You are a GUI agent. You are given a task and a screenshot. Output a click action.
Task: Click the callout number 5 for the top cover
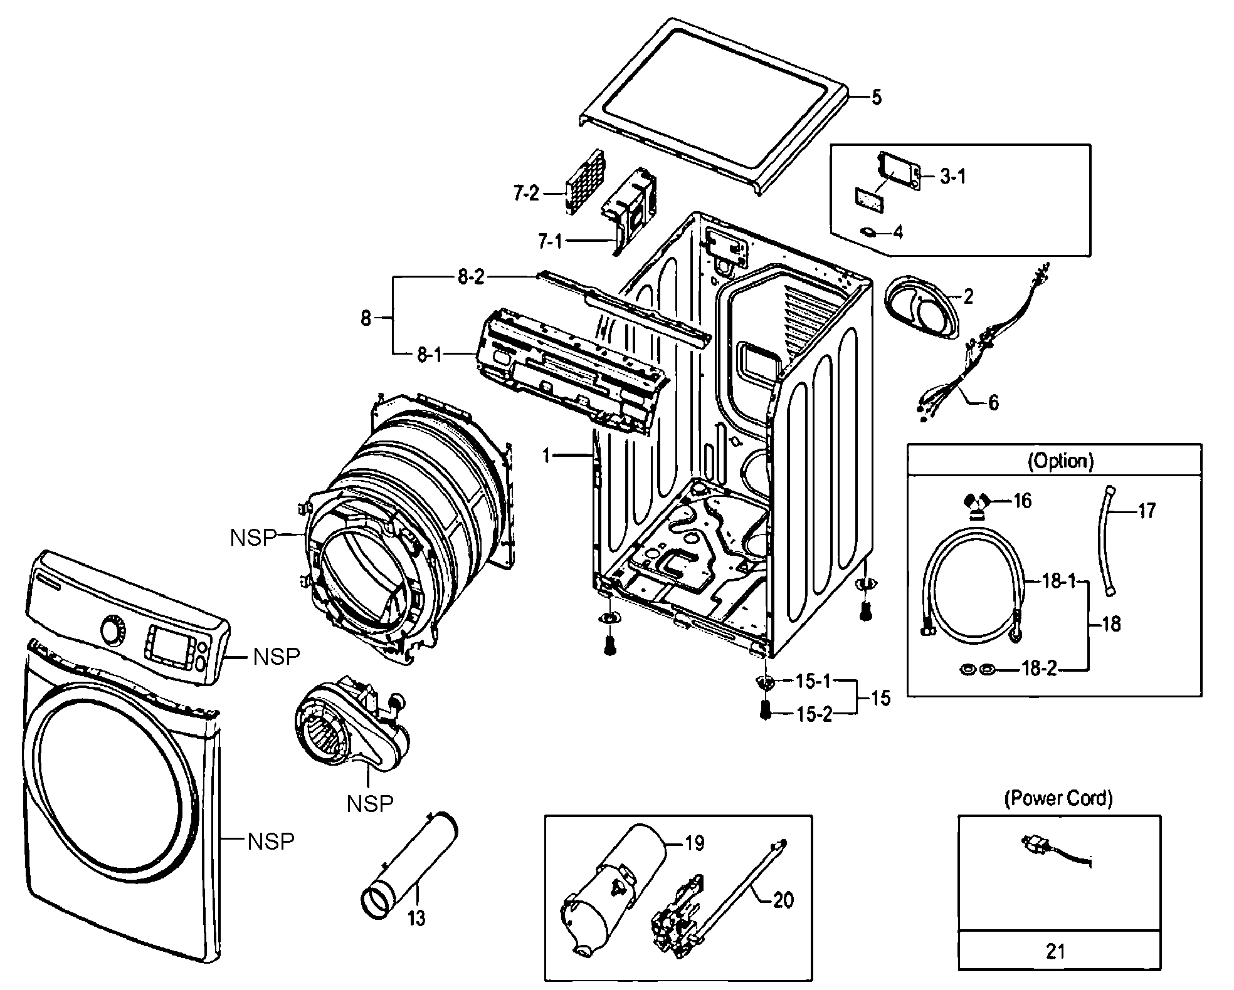(x=876, y=98)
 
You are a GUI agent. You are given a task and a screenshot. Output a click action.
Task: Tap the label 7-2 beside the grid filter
(x=525, y=194)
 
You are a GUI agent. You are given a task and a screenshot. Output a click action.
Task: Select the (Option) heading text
(x=1060, y=461)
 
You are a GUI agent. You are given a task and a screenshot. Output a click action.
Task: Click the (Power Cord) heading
(x=1058, y=798)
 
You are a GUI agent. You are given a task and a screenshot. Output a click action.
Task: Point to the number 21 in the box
(x=1056, y=952)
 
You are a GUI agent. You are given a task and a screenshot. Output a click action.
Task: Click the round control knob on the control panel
(x=113, y=630)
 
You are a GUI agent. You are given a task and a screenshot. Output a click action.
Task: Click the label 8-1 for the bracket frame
(x=430, y=355)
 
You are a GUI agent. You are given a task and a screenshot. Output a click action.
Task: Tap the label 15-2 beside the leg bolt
(x=813, y=714)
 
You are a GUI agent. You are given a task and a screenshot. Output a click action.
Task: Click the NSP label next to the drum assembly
(x=253, y=537)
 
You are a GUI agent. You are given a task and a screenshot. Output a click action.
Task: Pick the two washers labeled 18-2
(x=978, y=670)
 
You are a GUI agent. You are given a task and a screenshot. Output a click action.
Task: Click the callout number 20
(x=783, y=900)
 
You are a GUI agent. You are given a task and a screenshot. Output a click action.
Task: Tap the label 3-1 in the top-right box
(x=952, y=177)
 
